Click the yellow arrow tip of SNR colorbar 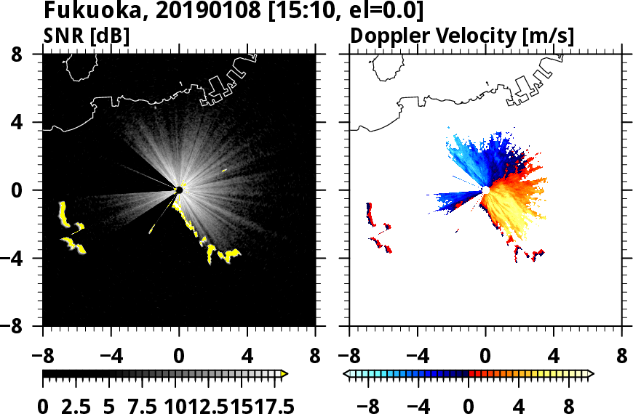point(284,373)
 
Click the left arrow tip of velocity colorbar point(346,373)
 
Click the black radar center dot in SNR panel point(179,190)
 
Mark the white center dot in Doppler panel point(485,190)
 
